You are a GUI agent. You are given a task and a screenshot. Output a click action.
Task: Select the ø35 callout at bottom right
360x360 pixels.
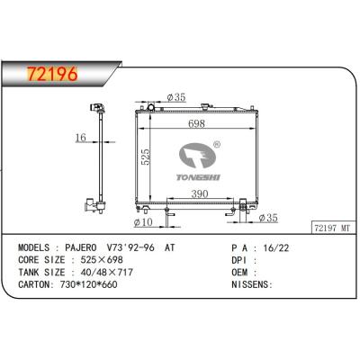point(268,218)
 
